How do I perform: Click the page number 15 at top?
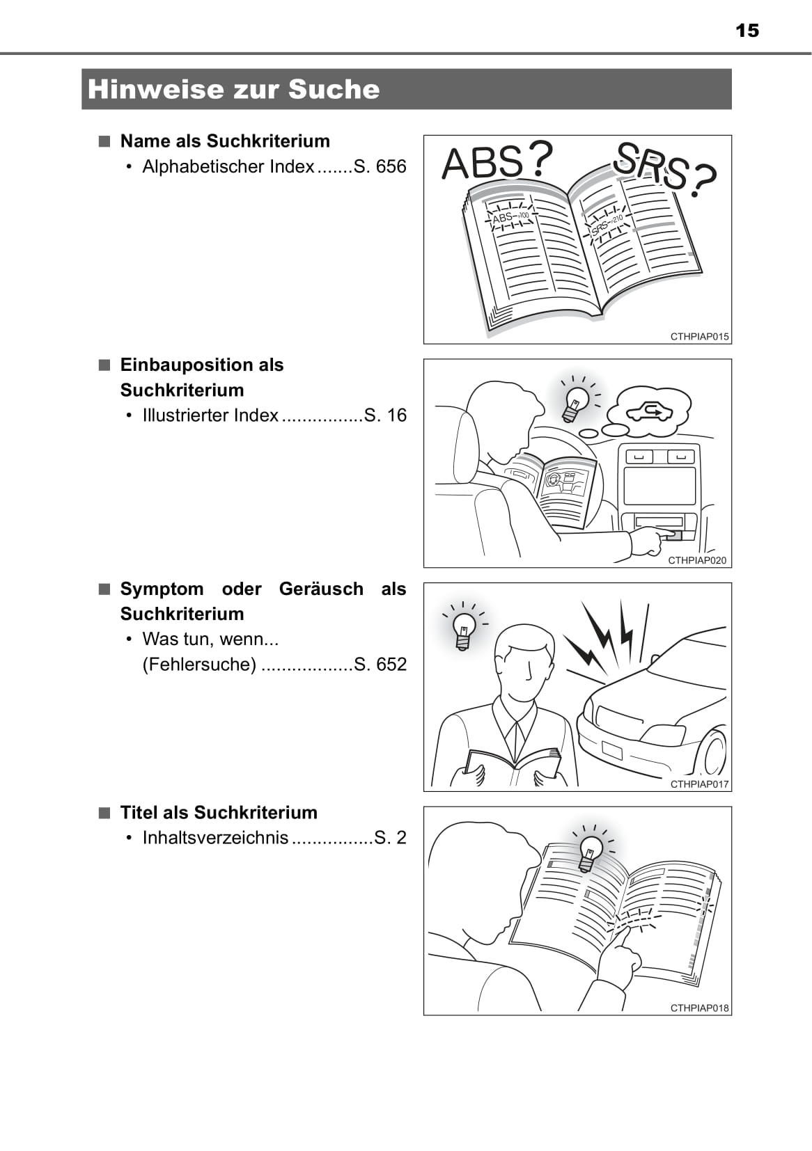[747, 31]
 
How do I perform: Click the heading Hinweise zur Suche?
[233, 89]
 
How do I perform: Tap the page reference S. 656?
[380, 166]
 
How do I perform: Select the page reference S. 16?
[385, 415]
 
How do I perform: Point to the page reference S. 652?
[380, 665]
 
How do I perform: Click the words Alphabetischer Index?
[228, 166]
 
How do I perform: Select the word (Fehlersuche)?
[199, 665]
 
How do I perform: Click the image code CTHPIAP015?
[699, 337]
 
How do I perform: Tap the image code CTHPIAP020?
[697, 560]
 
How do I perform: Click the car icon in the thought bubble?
[649, 412]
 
